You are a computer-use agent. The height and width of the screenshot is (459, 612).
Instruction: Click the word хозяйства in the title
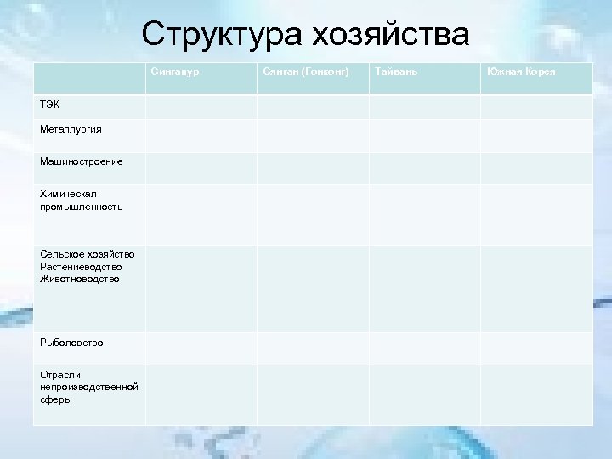(x=391, y=35)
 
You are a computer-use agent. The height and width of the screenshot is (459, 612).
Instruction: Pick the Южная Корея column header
(x=521, y=71)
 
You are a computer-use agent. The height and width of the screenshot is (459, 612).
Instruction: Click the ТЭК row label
(x=49, y=104)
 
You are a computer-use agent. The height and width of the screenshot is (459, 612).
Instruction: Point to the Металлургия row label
(x=69, y=129)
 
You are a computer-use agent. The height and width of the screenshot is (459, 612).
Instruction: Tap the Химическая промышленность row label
(x=80, y=200)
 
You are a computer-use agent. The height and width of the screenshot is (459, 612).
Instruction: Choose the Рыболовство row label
(x=71, y=342)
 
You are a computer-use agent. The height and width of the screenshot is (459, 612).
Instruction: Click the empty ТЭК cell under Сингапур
(x=201, y=106)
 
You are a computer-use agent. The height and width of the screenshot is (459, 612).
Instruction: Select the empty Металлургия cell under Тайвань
(x=424, y=136)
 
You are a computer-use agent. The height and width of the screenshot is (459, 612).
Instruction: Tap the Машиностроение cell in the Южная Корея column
(x=536, y=168)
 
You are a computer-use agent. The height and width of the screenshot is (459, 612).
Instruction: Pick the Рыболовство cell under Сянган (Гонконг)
(x=312, y=348)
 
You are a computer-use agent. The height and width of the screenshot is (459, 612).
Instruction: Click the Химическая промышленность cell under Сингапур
(x=201, y=215)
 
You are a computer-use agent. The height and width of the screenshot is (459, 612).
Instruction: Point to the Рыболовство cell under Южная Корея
(x=536, y=348)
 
